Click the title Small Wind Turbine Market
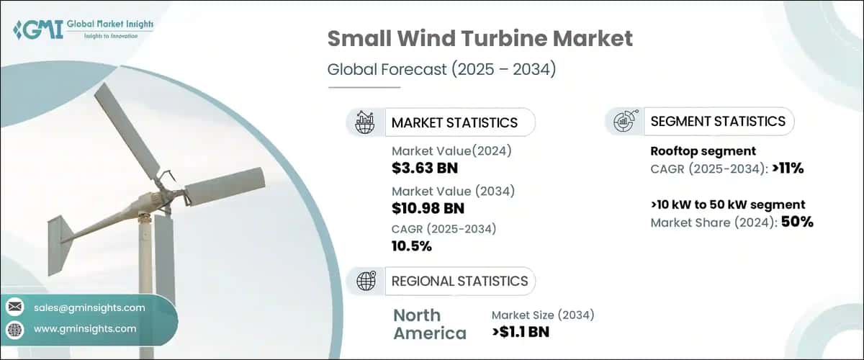480,38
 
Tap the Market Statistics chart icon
365,122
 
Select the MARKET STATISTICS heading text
454,122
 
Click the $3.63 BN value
425,168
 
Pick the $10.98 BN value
428,209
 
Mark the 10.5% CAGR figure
411,246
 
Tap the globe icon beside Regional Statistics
365,281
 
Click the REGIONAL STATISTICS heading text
459,281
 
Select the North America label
429,324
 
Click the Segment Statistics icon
623,122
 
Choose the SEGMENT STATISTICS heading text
718,122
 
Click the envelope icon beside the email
14,307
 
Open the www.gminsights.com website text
85,328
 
